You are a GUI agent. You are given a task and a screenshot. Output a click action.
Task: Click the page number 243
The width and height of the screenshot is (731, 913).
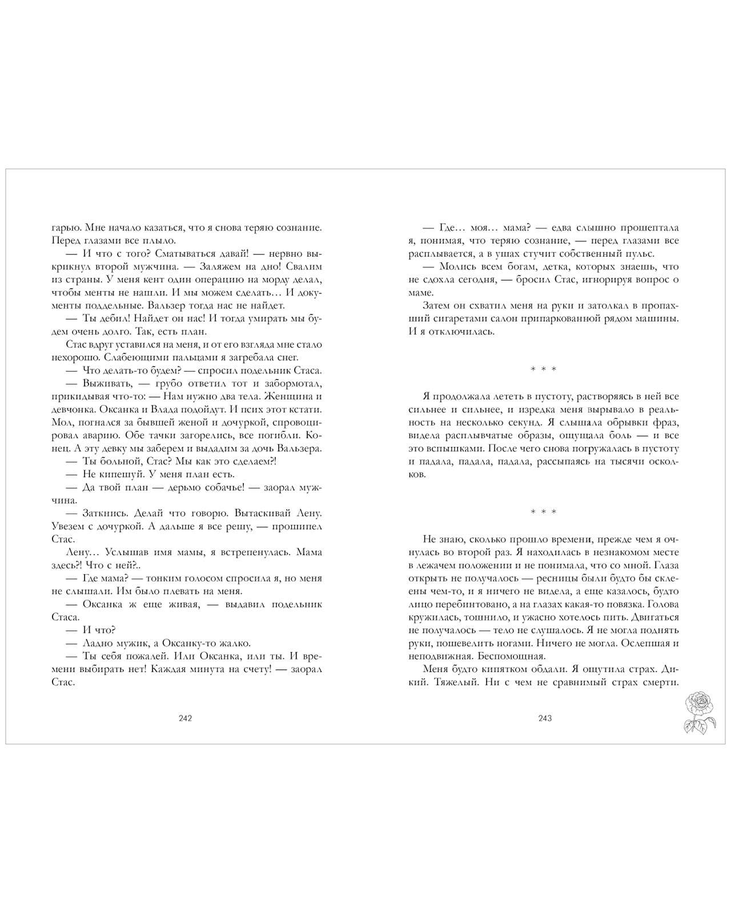click(545, 718)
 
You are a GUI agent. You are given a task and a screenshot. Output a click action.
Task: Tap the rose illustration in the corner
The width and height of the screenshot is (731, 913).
click(700, 711)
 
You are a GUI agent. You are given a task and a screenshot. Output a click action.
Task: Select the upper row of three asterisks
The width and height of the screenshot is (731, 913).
click(543, 370)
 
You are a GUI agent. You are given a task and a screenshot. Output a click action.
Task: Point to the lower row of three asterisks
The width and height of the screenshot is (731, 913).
click(543, 512)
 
